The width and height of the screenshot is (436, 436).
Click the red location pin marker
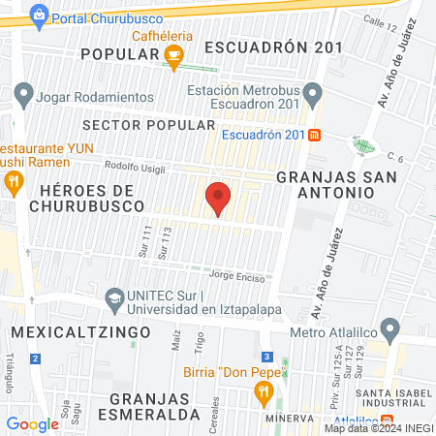[218, 199]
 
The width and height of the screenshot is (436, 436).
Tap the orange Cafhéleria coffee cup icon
[173, 58]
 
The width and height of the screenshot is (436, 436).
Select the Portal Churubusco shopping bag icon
[39, 15]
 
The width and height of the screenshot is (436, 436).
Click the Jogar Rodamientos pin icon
[23, 96]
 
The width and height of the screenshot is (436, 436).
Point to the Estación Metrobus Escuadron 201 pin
[312, 95]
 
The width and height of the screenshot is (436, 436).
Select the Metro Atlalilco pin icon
[390, 328]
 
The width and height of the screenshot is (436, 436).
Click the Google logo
[33, 423]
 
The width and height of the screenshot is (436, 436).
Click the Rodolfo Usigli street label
[136, 165]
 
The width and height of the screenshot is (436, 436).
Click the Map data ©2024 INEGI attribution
[379, 428]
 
